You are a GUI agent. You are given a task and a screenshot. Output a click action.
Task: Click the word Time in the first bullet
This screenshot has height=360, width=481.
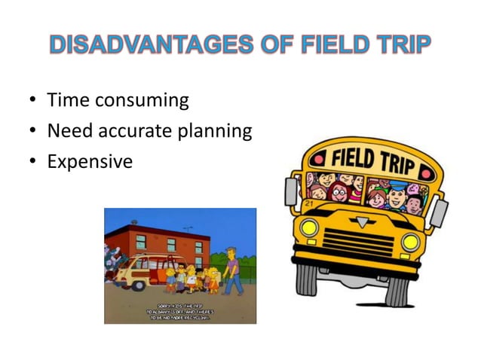tap(67, 100)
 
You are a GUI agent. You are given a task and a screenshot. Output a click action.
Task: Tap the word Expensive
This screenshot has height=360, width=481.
tap(89, 162)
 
